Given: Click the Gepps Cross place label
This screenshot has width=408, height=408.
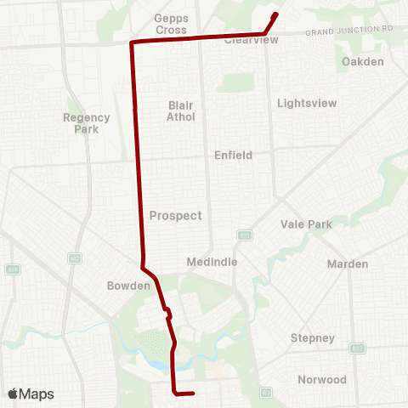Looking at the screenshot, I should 171,24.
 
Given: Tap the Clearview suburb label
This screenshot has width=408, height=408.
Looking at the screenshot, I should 251,40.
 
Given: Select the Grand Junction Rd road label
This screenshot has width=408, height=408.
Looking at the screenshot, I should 351,31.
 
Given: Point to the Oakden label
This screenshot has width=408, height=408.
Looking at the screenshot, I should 362,62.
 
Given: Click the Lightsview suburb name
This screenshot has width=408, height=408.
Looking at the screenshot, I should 307,103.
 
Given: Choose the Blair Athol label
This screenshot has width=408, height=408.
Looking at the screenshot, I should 181,110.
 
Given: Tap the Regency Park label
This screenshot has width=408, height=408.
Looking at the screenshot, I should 87,123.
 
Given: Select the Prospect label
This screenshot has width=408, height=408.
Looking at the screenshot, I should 175,215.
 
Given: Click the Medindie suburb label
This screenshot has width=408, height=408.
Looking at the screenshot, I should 209,263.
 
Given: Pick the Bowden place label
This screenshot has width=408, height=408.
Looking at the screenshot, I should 128,286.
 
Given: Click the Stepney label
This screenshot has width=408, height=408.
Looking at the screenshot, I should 313,337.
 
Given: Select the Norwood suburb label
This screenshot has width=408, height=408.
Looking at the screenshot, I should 322,379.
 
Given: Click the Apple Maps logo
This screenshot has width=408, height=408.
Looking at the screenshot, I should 31,394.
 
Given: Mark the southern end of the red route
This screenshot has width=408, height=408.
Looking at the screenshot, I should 194,394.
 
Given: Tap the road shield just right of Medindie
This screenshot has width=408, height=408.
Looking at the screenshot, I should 244,235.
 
